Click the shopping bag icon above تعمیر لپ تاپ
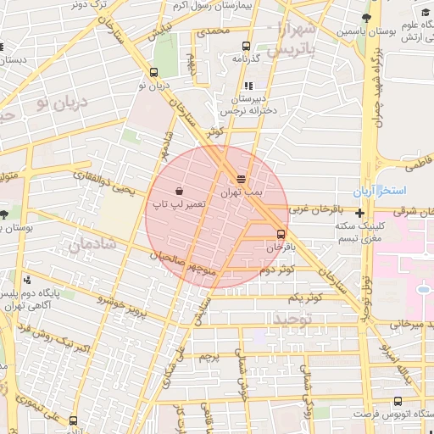179,190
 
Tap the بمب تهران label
242,193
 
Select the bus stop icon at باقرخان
281,234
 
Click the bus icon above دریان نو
153,72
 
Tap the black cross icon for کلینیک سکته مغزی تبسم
361,213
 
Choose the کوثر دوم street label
277,270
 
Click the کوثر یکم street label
305,298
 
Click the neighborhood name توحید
292,319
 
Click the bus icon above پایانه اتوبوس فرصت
397,401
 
